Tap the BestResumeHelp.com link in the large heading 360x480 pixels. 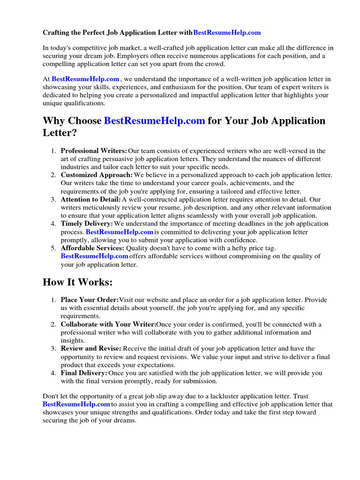(x=154, y=121)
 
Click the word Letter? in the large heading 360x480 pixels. (x=60, y=133)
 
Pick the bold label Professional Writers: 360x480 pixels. (x=94, y=151)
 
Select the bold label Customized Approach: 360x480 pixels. (x=97, y=175)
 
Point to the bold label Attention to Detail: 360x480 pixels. (x=90, y=199)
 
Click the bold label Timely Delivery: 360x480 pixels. (x=87, y=224)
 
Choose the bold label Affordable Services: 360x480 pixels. (x=92, y=248)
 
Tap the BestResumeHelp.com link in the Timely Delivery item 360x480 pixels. (x=120, y=232)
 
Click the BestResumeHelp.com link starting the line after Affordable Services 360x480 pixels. (x=94, y=256)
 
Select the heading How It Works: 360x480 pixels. (x=78, y=282)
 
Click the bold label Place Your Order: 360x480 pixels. (x=90, y=300)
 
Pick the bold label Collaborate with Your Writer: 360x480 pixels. (x=108, y=324)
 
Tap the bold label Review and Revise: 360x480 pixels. (x=91, y=349)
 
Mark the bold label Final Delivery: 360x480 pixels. (x=84, y=373)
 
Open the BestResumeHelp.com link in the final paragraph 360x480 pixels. (x=76, y=404)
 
